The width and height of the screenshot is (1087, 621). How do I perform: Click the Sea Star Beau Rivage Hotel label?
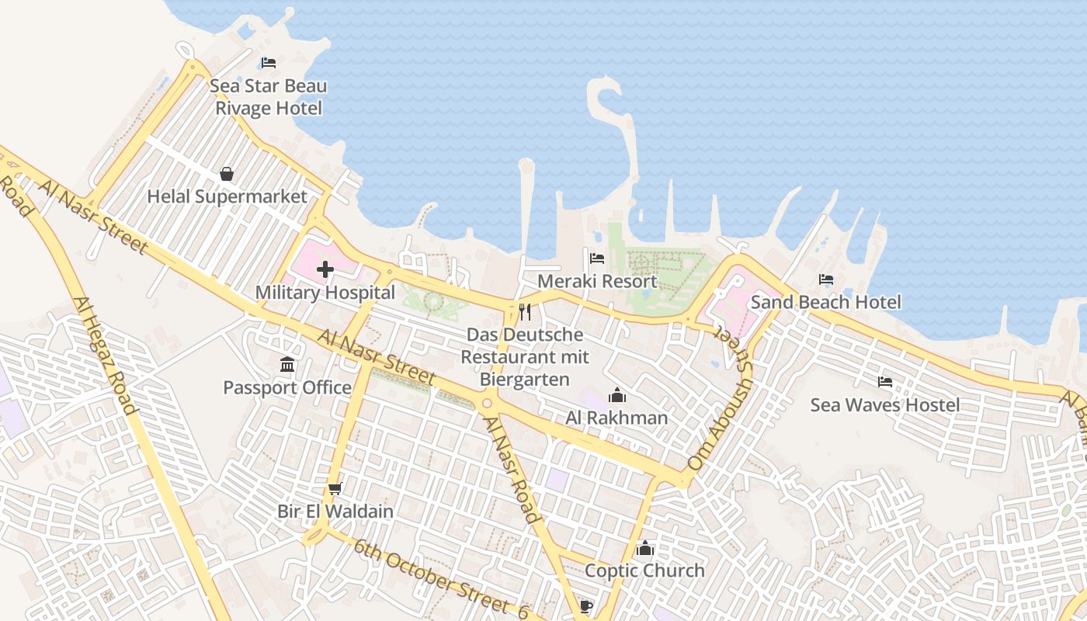pos(268,97)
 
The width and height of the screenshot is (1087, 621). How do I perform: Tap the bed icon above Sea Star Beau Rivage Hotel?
pos(268,63)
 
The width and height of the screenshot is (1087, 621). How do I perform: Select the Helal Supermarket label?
pos(227,196)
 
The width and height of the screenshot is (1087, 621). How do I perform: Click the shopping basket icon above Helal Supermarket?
pos(227,173)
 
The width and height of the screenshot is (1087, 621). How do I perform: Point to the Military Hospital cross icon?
pos(325,269)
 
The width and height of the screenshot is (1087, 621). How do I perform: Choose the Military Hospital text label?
pos(325,293)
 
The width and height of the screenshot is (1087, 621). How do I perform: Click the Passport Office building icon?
pos(287,364)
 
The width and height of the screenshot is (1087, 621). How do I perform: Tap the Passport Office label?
pos(287,387)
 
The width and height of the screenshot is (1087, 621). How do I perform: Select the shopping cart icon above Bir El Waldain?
pos(335,488)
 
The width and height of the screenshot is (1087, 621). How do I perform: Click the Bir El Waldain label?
pos(335,512)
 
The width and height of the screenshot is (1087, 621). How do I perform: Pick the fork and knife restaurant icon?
pos(525,312)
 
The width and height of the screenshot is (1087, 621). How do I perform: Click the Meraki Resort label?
pos(597,281)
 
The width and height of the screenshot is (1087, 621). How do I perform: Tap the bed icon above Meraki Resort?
pos(597,258)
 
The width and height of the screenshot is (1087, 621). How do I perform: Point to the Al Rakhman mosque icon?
pos(617,395)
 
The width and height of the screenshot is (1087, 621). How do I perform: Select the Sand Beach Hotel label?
pos(826,302)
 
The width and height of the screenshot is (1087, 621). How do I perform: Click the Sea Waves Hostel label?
pos(885,404)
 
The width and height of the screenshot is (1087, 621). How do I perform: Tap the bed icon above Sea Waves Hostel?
pos(885,381)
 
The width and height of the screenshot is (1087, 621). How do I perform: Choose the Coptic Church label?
pos(644,571)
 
